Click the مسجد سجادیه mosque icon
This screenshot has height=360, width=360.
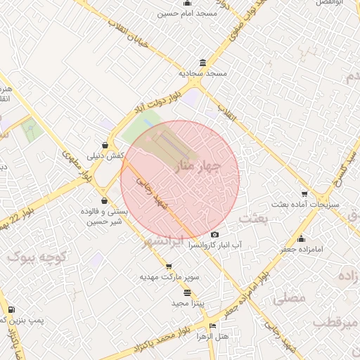pos(202,62)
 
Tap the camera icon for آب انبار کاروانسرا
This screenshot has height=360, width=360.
pos(214,235)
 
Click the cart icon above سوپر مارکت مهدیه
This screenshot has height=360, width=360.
pos(168,266)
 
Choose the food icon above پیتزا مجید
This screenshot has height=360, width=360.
pos(186,292)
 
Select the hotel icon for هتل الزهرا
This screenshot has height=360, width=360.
pos(212,326)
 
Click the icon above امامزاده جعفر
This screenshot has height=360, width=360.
pos(301,238)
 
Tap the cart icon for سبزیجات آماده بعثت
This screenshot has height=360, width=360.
pos(304,194)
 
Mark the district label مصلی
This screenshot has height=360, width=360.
pos(290,298)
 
